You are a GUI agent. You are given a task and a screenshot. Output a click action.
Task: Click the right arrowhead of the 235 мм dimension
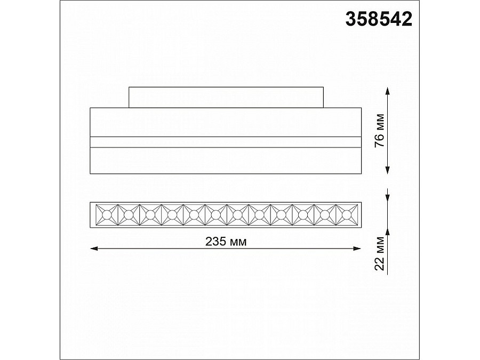[358, 248]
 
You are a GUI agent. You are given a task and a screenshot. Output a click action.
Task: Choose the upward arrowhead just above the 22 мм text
[388, 230]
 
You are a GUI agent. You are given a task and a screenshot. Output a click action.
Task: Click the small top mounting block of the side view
[226, 97]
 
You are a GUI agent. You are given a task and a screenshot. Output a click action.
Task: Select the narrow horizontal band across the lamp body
[226, 141]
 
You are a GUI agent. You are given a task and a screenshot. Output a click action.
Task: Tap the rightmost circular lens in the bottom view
[346, 215]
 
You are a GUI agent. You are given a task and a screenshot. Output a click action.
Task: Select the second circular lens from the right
[324, 215]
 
